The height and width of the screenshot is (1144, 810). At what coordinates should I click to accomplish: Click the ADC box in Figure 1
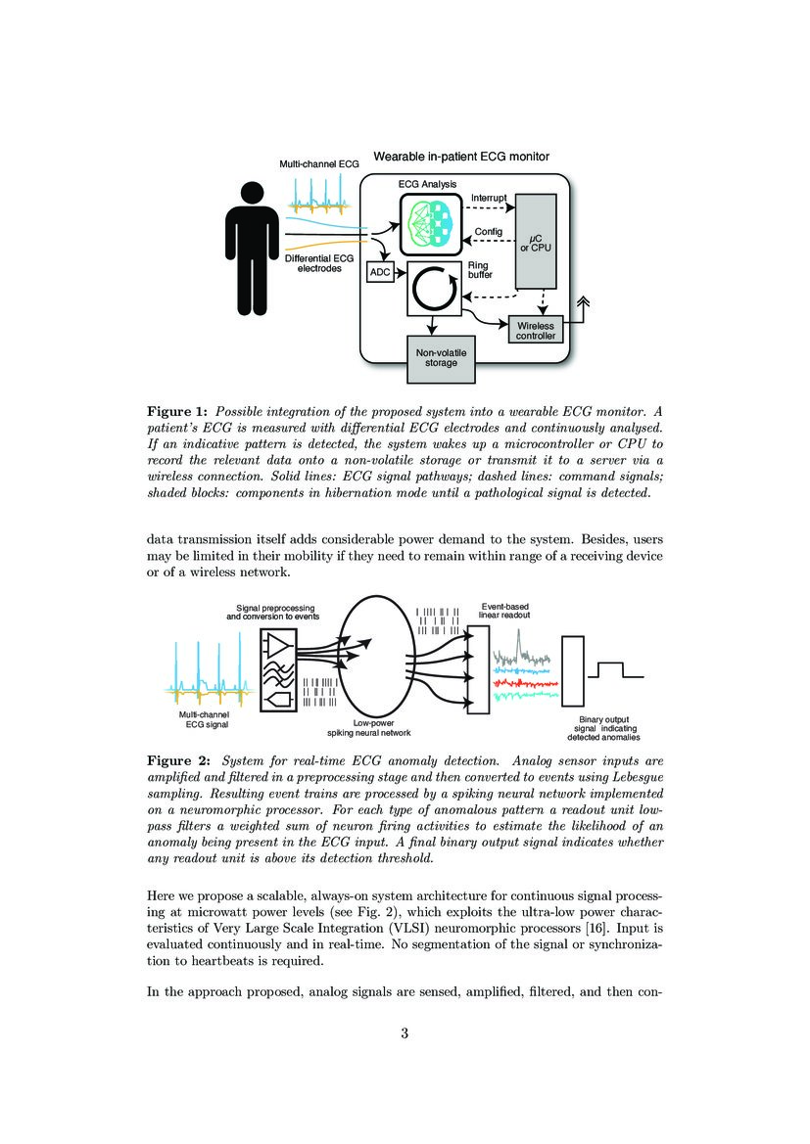[378, 273]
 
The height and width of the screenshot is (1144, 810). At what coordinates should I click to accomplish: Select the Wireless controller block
[535, 331]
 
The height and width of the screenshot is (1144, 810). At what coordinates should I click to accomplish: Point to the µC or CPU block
[535, 241]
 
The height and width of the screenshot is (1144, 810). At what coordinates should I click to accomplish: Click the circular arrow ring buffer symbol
[433, 290]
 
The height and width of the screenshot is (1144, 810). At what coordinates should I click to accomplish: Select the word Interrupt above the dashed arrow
[489, 198]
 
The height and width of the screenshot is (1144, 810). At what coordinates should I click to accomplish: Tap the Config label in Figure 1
[488, 232]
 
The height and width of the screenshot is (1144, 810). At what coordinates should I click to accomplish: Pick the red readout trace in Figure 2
[525, 682]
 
